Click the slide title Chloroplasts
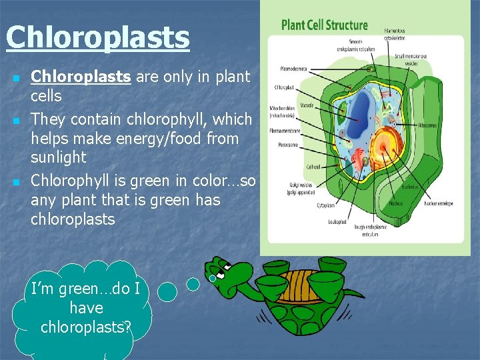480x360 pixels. point(97,38)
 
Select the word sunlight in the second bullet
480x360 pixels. point(59,158)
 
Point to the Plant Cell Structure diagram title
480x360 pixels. point(324,25)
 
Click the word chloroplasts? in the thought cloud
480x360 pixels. point(86,327)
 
